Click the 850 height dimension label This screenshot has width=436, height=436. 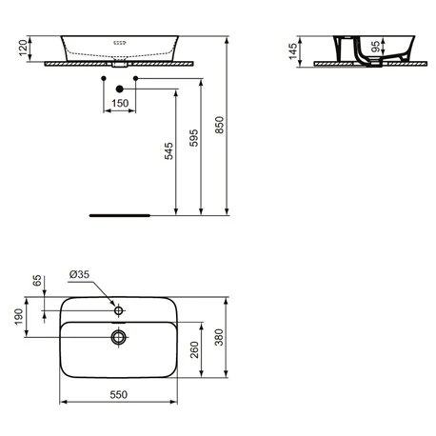pos(219,125)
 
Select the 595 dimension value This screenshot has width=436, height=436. pos(193,138)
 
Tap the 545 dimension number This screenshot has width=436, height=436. pos(168,150)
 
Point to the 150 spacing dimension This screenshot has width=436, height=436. pos(120,103)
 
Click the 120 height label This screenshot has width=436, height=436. pos(23,48)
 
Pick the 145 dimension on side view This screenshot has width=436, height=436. pos(293,51)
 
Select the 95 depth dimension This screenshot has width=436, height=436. pos(375,47)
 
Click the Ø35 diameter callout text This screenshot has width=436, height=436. pos(79,274)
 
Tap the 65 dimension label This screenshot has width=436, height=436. pos(37,281)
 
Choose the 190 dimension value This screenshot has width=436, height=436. pos(19,317)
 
